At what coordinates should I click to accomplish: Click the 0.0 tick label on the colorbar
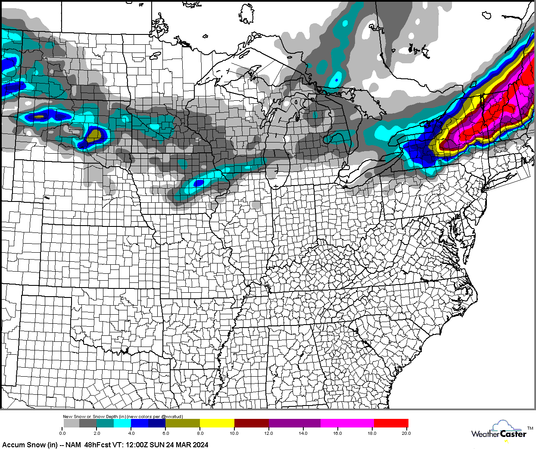click(62, 433)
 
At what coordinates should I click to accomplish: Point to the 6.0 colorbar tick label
click(166, 433)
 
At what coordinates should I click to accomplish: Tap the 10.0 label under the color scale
click(234, 433)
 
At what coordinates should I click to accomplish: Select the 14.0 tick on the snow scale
click(303, 433)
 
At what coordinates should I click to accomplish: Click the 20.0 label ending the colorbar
click(406, 433)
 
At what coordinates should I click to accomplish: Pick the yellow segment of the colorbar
click(217, 423)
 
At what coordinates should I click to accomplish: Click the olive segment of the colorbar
click(182, 423)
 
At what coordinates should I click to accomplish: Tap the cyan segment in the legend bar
click(122, 423)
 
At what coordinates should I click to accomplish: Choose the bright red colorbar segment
click(391, 423)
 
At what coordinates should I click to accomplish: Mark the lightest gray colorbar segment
click(71, 423)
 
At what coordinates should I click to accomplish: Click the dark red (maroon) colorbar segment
click(251, 423)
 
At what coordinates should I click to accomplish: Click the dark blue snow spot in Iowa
click(198, 183)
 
